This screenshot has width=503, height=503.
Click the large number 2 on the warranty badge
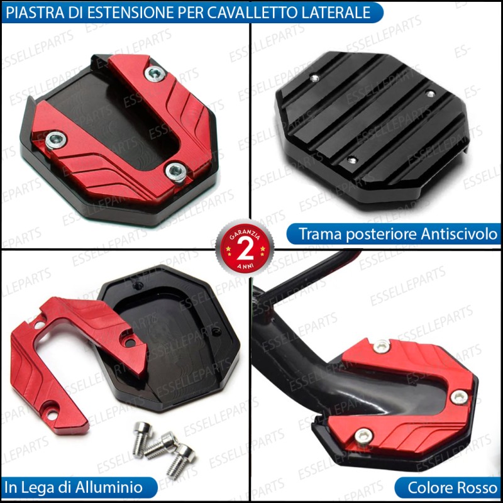[245, 250]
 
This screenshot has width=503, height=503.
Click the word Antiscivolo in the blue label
[459, 234]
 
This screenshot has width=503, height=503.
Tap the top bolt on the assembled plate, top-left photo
[155, 74]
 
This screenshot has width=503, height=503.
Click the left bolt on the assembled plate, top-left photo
[55, 140]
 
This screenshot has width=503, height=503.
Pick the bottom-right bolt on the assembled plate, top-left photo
[176, 172]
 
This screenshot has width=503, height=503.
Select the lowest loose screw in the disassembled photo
[180, 461]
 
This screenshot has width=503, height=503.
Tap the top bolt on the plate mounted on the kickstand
[382, 345]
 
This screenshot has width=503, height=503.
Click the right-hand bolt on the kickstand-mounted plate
[459, 397]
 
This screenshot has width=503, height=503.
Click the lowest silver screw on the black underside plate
[352, 160]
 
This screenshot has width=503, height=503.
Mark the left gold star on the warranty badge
[228, 249]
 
